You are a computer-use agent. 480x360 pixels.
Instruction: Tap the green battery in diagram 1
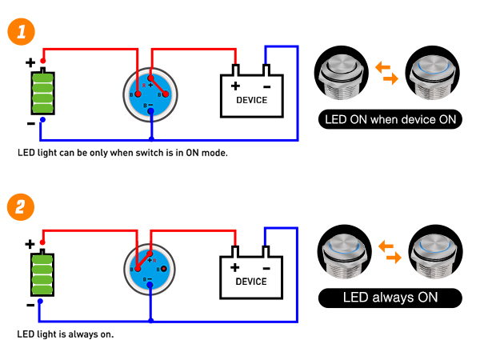42,93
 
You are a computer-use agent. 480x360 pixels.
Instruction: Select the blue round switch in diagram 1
150,91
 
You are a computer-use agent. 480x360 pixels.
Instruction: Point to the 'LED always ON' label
390,298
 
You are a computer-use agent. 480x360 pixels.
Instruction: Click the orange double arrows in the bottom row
387,249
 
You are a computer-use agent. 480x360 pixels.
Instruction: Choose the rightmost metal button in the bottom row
435,251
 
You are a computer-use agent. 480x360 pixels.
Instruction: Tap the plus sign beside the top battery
30,62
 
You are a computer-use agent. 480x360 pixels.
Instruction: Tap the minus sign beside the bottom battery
30,304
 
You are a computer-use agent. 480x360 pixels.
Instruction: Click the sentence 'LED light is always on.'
66,334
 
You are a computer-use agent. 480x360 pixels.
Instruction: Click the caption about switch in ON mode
122,152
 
